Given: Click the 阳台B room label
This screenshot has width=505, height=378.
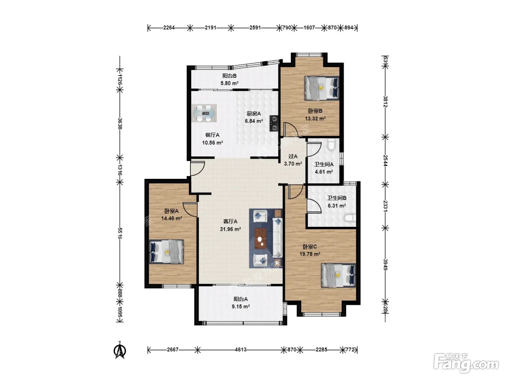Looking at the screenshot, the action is click(x=229, y=76).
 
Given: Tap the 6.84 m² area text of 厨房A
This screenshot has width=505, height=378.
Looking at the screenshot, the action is click(x=254, y=121).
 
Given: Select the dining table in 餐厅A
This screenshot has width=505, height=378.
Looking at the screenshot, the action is click(x=204, y=113).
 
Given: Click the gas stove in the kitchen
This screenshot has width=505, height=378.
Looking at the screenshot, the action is click(x=274, y=123).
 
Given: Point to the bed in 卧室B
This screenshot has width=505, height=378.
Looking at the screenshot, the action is click(x=322, y=88).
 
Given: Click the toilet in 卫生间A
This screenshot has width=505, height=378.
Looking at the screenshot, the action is click(x=331, y=144).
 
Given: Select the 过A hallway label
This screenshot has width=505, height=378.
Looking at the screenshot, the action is click(x=293, y=157).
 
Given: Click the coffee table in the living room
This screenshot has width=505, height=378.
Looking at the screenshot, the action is click(x=260, y=238).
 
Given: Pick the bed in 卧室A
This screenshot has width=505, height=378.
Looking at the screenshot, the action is click(x=166, y=252).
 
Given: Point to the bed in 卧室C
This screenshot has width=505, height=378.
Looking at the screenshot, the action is click(x=338, y=275).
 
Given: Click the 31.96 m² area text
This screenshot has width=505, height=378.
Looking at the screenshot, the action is click(x=230, y=229).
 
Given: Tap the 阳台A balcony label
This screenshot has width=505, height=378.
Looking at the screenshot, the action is click(x=241, y=299).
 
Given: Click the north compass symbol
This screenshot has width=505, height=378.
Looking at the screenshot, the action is click(x=120, y=350).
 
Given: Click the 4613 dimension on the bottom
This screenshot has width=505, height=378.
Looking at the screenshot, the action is click(x=241, y=350).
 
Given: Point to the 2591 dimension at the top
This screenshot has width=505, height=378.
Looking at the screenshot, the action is click(x=255, y=28).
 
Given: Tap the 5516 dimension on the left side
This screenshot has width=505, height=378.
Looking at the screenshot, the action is click(x=120, y=233).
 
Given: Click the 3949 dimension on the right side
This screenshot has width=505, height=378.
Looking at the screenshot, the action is click(x=386, y=265).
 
